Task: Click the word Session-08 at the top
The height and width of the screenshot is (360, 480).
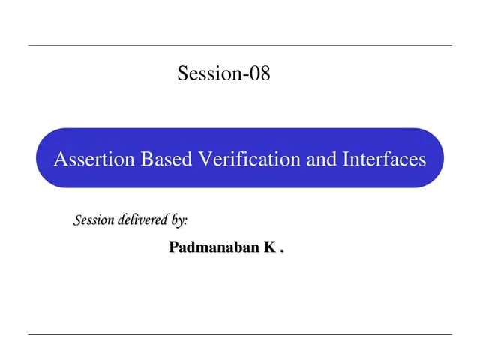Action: [x=223, y=73]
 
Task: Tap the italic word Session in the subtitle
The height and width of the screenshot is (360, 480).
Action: [x=94, y=220]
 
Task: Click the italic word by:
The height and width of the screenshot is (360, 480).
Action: [x=179, y=221]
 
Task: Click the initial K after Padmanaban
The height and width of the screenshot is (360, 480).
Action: [x=268, y=247]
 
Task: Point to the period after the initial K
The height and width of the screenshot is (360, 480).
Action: [x=282, y=251]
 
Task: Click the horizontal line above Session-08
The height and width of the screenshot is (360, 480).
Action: [x=240, y=46]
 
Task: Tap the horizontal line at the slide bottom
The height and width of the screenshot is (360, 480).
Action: [x=240, y=334]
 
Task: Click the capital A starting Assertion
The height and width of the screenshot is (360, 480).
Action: [x=59, y=159]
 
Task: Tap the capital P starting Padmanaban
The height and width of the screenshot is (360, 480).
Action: [x=174, y=247]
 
